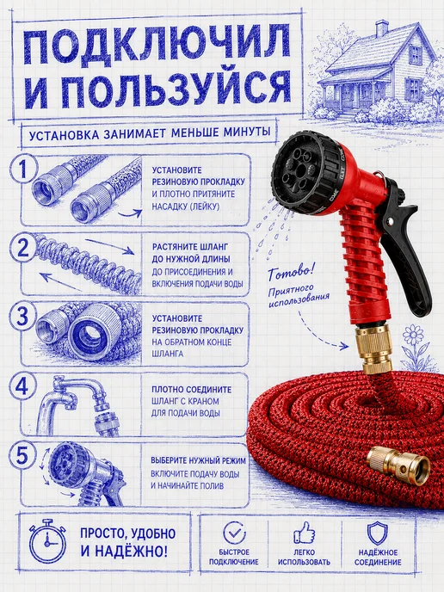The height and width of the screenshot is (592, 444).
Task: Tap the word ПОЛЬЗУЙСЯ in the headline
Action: pyautogui.click(x=178, y=89)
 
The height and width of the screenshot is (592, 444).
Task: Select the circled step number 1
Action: pyautogui.click(x=24, y=170)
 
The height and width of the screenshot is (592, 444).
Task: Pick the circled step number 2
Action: pyautogui.click(x=23, y=248)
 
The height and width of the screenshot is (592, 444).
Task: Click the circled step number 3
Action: pyautogui.click(x=23, y=317)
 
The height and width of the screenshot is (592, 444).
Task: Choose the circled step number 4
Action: pyautogui.click(x=23, y=386)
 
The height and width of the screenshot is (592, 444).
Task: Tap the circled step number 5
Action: pyautogui.click(x=23, y=455)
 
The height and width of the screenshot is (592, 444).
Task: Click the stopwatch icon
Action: pyautogui.click(x=47, y=540)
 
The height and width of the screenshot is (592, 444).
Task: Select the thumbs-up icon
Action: pyautogui.click(x=305, y=533)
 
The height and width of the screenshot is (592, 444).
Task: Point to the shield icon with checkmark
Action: pyautogui.click(x=377, y=533)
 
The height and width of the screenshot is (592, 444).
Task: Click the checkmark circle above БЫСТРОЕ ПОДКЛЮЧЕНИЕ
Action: pyautogui.click(x=234, y=533)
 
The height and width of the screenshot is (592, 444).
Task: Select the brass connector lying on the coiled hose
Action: pyautogui.click(x=398, y=464)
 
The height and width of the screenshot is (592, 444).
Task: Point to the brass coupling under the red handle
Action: pyautogui.click(x=373, y=348)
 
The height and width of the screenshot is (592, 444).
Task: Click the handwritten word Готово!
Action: pyautogui.click(x=291, y=273)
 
